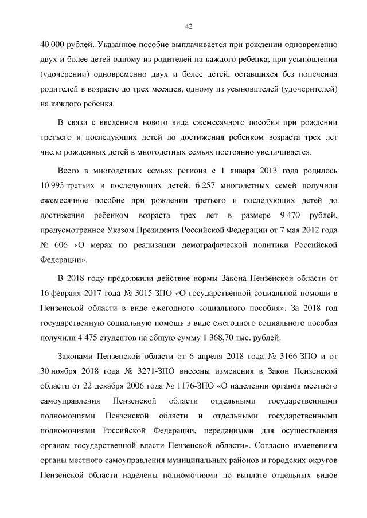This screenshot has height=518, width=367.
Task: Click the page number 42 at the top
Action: [188, 26]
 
